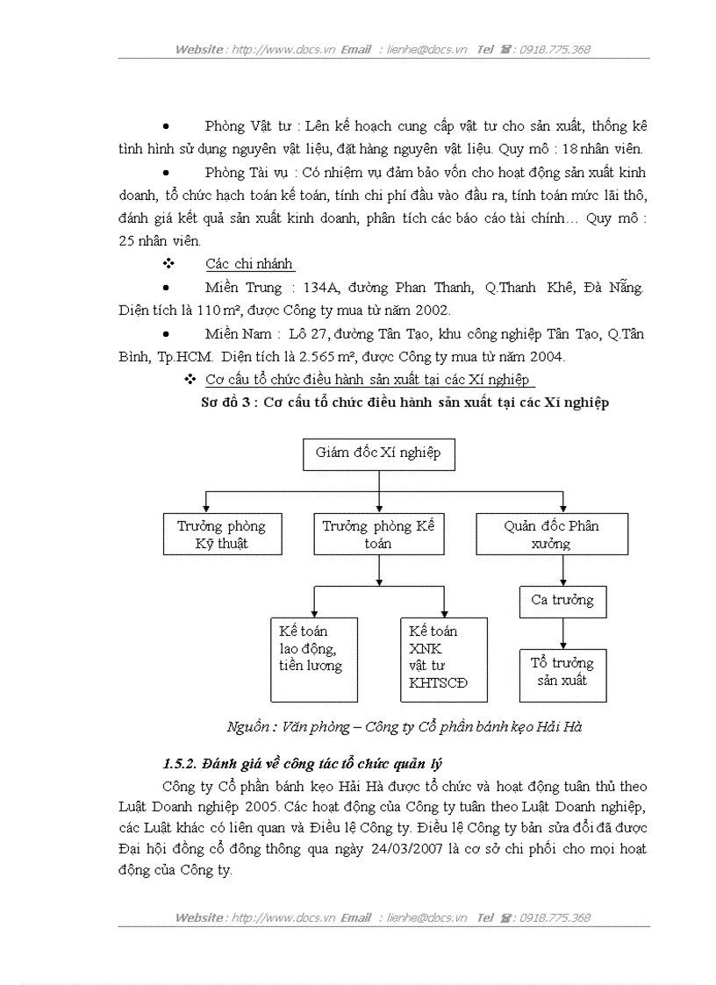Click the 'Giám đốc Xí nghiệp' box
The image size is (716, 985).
coord(378,453)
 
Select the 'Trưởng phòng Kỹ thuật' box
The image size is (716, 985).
coord(222,535)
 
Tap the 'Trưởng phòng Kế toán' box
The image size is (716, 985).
coord(378,535)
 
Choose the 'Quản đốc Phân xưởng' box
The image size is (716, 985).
coord(551,535)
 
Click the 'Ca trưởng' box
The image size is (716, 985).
coord(562,601)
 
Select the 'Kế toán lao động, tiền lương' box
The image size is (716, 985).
coord(313,660)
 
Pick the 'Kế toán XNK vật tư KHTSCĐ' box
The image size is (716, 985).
coord(443,660)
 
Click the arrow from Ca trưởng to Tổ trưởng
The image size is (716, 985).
coord(562,633)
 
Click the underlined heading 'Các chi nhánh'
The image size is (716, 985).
coord(250,264)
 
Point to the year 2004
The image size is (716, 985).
coord(545,356)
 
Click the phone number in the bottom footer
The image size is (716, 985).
coord(555,917)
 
